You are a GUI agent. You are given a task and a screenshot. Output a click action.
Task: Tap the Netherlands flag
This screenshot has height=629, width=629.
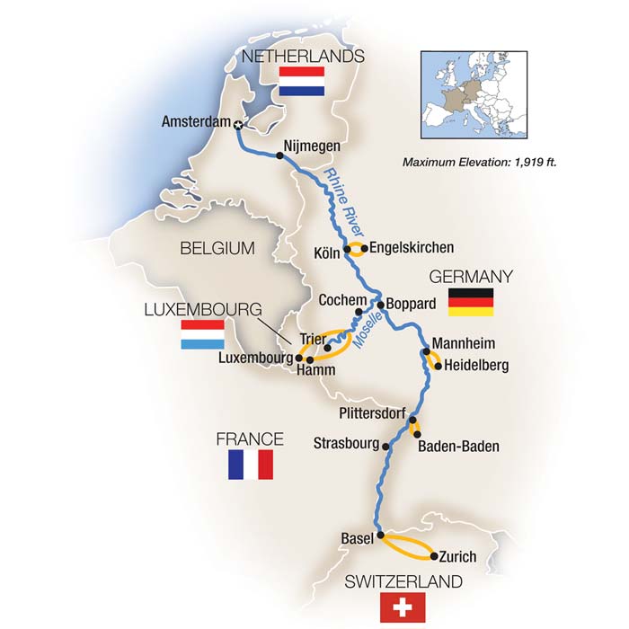click(301, 81)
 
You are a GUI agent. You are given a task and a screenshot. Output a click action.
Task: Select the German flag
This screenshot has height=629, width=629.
click(472, 301)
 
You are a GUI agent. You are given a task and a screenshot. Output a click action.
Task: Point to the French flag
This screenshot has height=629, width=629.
click(250, 465)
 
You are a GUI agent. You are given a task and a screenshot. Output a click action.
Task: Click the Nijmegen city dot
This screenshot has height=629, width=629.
click(280, 155)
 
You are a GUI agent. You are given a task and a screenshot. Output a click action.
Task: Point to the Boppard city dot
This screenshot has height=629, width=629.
click(380, 304)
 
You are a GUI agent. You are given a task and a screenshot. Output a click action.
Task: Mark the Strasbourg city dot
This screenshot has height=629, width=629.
click(386, 445)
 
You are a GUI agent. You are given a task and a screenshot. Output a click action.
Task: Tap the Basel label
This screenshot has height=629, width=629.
click(357, 538)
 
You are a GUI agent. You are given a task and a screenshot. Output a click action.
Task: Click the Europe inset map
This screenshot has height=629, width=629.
click(474, 94)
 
